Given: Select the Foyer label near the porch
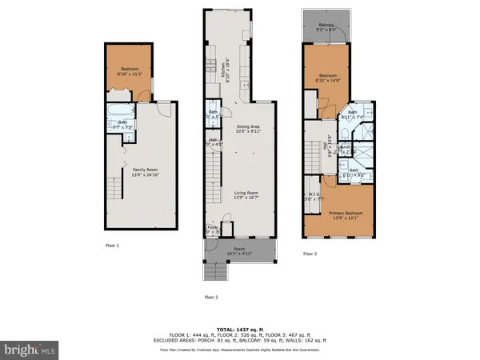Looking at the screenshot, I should click(x=213, y=230).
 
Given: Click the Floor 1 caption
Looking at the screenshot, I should click(x=112, y=246).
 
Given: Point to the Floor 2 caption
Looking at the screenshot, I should click(x=211, y=297).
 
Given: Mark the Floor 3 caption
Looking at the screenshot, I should click(x=310, y=254).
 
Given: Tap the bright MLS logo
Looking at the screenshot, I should click(x=29, y=349).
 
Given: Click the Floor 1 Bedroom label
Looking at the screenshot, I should click(x=130, y=71).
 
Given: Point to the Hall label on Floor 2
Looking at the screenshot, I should click(x=214, y=142).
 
